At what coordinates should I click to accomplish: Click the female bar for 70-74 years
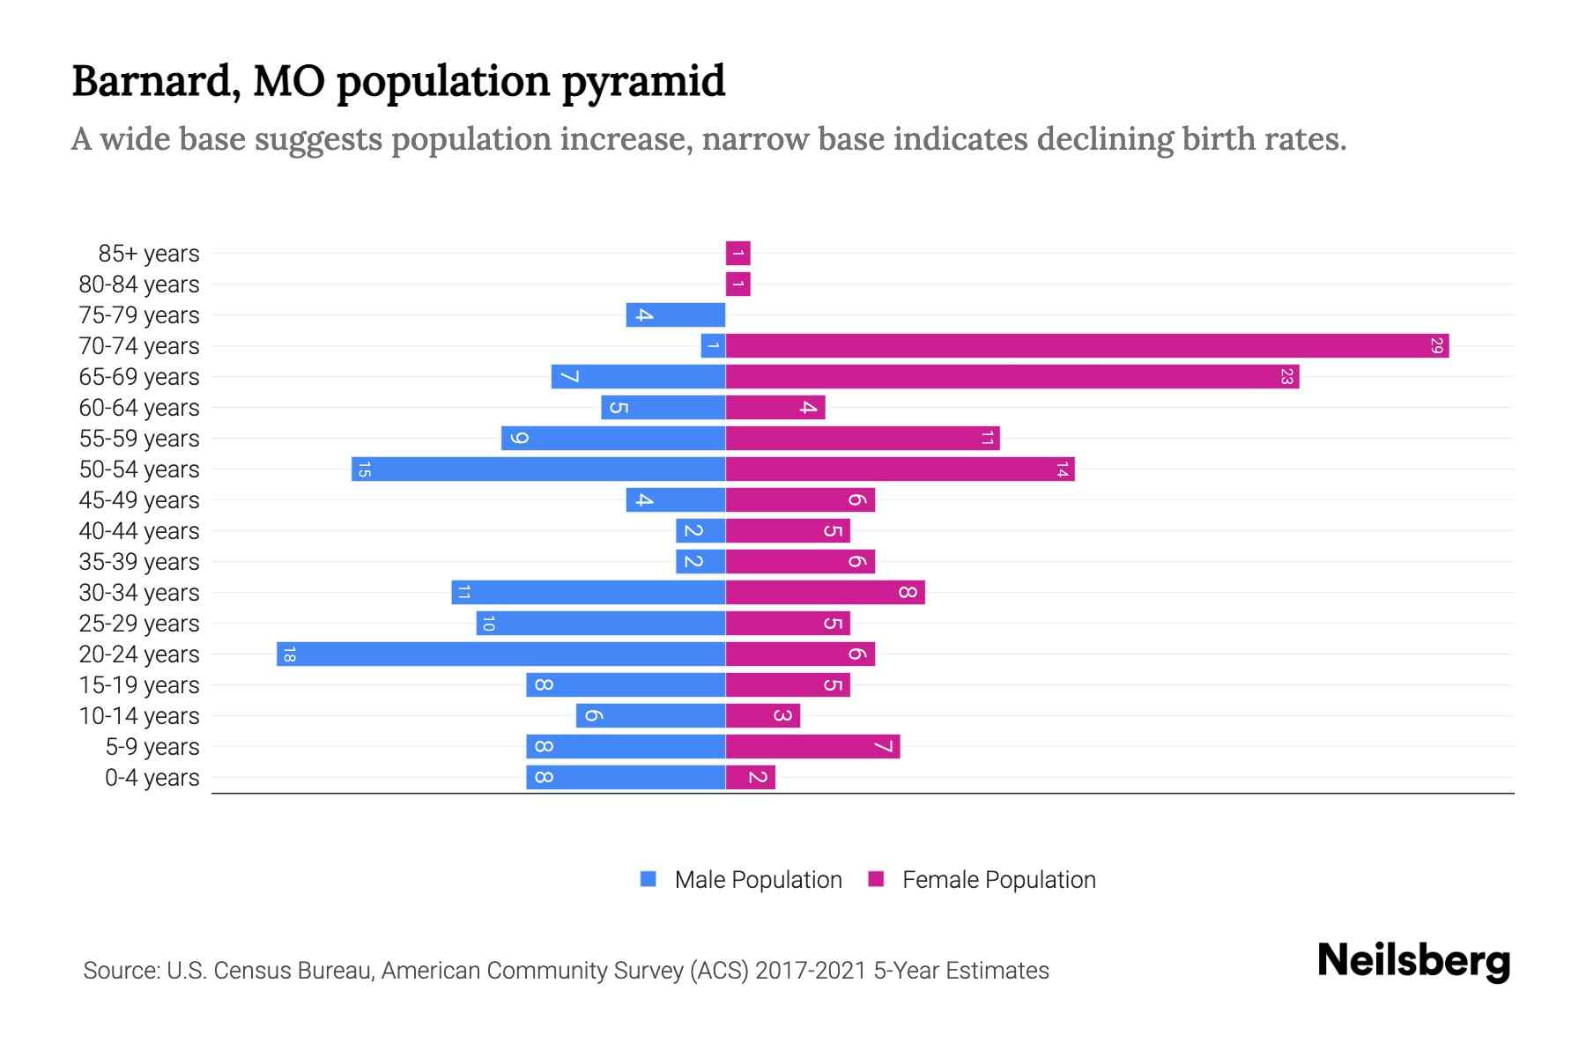[1086, 346]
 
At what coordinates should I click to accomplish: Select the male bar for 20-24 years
[500, 654]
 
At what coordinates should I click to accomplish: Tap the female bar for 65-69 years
[1012, 377]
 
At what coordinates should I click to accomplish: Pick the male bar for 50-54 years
[538, 469]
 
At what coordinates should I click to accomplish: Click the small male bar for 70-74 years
[713, 346]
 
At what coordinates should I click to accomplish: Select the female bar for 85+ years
[737, 254]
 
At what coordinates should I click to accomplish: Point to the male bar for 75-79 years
[675, 315]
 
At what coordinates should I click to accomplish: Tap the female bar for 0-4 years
[750, 778]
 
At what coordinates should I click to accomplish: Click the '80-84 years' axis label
[139, 285]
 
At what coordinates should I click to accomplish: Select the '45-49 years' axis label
[139, 500]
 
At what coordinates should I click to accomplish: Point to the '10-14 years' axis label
[139, 716]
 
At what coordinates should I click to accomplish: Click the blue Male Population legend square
[648, 879]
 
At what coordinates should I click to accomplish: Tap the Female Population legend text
[998, 880]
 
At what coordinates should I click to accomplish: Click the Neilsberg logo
[1413, 961]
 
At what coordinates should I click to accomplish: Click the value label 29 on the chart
[1436, 346]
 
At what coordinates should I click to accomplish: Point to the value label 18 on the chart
[289, 654]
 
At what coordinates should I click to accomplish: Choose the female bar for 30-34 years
[825, 593]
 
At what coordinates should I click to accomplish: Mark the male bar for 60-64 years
[663, 408]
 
